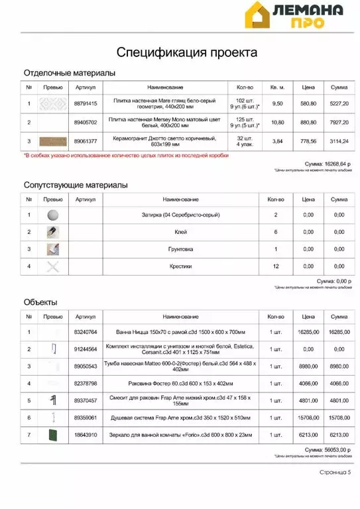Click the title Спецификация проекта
tap(187, 52)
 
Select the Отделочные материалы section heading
tap(70, 72)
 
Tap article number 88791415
tap(86, 104)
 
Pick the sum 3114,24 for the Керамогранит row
tap(339, 141)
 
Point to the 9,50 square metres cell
tap(278, 104)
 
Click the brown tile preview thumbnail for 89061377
tap(53, 141)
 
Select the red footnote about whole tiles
tap(126, 156)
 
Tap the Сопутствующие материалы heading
tap(76, 185)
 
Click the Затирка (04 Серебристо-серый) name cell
tap(181, 215)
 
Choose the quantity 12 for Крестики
tap(276, 266)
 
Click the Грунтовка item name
tap(181, 249)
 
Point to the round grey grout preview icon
tap(53, 215)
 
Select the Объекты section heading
tap(40, 302)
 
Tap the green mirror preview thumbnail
tap(53, 435)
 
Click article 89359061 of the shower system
tap(86, 418)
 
